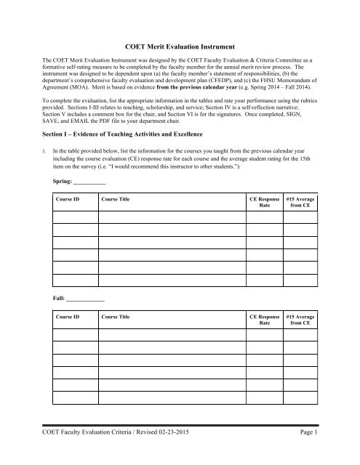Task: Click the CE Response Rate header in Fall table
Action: [x=264, y=321]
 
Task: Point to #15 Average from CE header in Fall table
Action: [x=300, y=321]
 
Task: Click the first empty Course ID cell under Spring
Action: [x=73, y=216]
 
